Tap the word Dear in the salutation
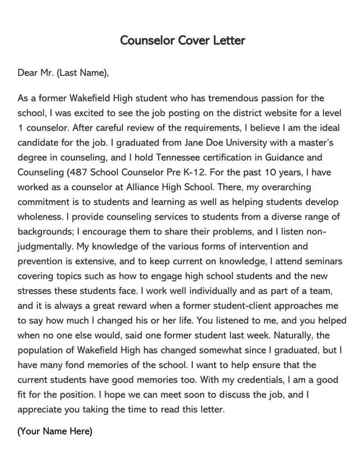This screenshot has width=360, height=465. [x=28, y=73]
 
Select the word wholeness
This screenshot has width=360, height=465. [x=40, y=216]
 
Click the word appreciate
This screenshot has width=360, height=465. [x=41, y=410]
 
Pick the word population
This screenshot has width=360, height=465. [x=41, y=350]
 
